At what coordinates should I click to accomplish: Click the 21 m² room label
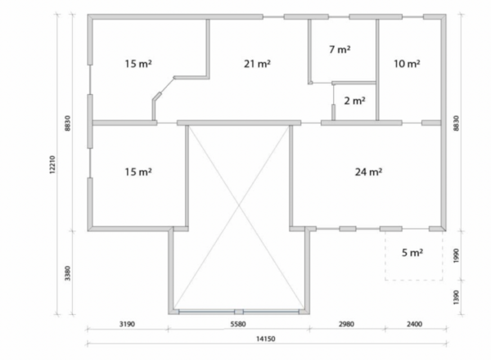(x=257, y=64)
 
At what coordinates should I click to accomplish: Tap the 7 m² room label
(x=340, y=49)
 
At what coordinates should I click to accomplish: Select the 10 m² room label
(x=407, y=64)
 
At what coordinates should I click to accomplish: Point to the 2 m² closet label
(x=354, y=101)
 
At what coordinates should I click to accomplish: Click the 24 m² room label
(x=368, y=172)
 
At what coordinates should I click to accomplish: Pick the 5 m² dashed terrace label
(x=412, y=252)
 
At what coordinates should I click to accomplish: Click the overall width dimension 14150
(x=266, y=339)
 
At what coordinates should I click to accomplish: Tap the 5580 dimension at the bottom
(x=238, y=324)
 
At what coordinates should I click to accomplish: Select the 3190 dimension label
(x=127, y=324)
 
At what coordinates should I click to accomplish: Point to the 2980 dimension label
(x=347, y=324)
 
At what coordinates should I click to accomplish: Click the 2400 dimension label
(x=414, y=324)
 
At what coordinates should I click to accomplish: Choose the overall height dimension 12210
(x=52, y=164)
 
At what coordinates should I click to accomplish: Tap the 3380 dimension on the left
(x=67, y=273)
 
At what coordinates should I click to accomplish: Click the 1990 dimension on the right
(x=456, y=256)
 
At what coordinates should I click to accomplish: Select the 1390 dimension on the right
(x=456, y=297)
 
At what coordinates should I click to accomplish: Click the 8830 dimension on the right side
(x=456, y=124)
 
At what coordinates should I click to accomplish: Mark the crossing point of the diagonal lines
(x=240, y=205)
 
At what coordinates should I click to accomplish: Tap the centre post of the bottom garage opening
(x=239, y=312)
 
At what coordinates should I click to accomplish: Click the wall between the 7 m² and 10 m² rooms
(x=377, y=70)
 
